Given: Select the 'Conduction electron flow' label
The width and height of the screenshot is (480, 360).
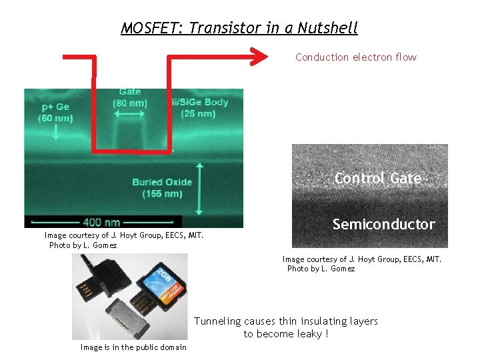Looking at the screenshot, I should coord(356,57).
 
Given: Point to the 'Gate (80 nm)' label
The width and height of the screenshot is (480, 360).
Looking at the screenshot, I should coord(130,97).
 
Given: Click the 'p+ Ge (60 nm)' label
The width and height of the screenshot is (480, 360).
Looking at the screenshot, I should coord(55,113).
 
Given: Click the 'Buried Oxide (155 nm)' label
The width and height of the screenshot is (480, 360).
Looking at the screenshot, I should coord(162,187).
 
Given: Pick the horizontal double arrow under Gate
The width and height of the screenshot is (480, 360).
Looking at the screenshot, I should coord(130,115).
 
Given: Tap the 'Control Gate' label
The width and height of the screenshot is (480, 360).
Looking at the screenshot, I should coord(378,178).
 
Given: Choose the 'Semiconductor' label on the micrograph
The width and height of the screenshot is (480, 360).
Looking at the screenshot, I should coord(383,224).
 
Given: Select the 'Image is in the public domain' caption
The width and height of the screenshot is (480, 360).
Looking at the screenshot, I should coord(133,347).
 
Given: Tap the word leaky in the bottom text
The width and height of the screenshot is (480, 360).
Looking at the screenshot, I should coord(309,333).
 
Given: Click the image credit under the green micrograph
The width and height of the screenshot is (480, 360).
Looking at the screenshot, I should coord(124,240).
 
